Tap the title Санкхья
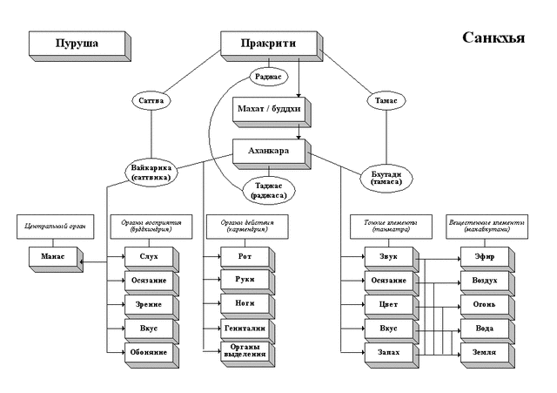(x=493, y=39)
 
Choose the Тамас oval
(x=386, y=101)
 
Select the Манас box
(x=51, y=257)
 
